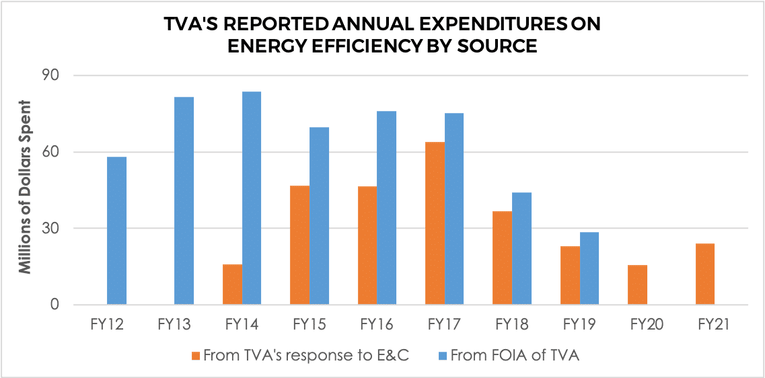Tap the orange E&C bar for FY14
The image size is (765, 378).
coord(232,285)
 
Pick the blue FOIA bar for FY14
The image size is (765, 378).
coord(252,198)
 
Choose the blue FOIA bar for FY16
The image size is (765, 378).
coord(386,208)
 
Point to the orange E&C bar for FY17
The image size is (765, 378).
coord(435,223)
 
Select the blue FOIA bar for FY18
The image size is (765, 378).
coord(521,248)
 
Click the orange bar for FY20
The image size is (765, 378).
coord(637,285)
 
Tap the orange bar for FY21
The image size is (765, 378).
coord(704,274)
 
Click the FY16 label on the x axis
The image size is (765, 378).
coord(376,325)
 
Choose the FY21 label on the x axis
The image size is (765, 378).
coord(714,325)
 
